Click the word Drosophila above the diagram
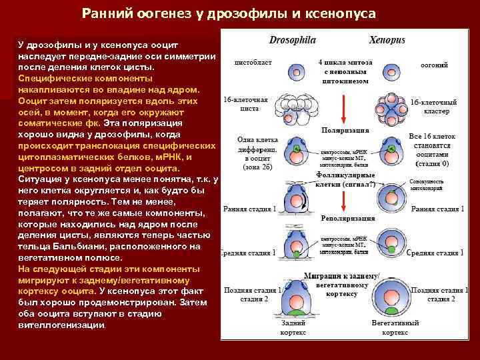click(292, 41)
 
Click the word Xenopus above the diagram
click(387, 41)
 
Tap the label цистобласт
click(252, 65)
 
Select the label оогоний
click(434, 65)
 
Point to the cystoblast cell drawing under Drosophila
click(297, 72)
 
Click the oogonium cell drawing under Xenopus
click(387, 72)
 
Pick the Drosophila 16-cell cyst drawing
click(296, 106)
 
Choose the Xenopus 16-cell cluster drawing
click(387, 107)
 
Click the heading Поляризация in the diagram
click(342, 131)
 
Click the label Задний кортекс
click(293, 327)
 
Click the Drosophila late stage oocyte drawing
click(297, 297)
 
